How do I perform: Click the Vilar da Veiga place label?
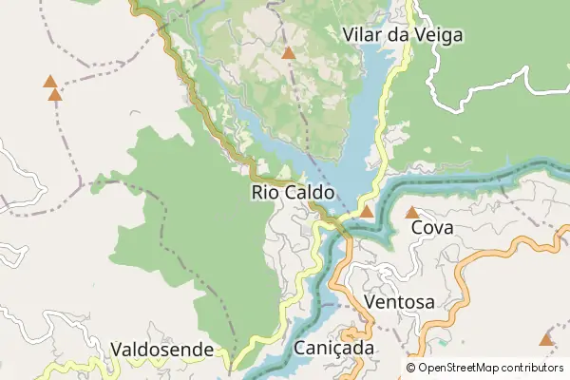(402, 35)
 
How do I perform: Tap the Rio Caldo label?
(293, 192)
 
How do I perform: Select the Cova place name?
(431, 228)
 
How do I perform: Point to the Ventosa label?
(399, 302)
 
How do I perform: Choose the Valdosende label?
(161, 350)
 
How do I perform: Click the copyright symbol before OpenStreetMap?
(411, 368)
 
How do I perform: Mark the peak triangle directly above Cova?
(412, 213)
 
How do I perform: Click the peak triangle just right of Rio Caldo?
(367, 211)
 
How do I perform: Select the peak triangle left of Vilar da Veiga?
(288, 53)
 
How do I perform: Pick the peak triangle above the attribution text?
(546, 339)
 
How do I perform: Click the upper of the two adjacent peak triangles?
(49, 82)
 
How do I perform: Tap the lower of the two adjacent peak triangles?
(55, 94)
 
